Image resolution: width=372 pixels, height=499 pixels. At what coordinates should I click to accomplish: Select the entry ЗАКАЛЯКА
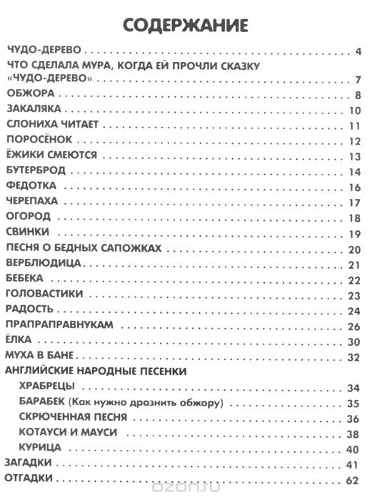tap(35, 110)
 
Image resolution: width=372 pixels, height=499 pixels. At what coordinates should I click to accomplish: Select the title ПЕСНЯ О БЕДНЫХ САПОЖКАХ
tap(81, 247)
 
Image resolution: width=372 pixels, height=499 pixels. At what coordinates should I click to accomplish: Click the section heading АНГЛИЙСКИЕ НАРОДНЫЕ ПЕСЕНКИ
tap(96, 371)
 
